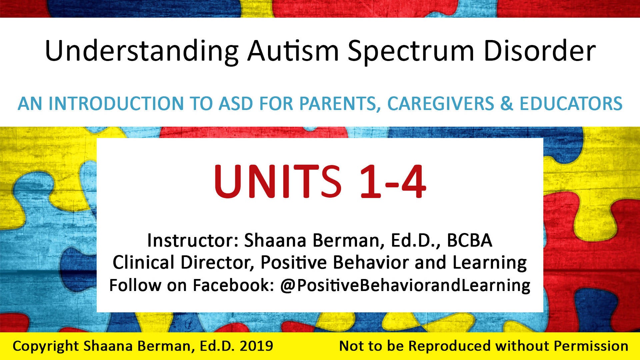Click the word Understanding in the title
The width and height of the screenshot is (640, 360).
[142, 51]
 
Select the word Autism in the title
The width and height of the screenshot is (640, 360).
[293, 51]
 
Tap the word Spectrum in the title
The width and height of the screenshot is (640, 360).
[411, 51]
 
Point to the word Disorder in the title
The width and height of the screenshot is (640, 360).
[539, 51]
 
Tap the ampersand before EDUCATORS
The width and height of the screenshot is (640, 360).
[507, 103]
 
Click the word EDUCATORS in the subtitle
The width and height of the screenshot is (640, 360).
[571, 103]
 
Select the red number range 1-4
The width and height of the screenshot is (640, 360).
[393, 182]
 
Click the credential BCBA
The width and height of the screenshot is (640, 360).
[469, 240]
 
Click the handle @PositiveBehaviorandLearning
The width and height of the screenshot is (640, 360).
[405, 285]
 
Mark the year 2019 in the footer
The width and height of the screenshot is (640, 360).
[256, 346]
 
